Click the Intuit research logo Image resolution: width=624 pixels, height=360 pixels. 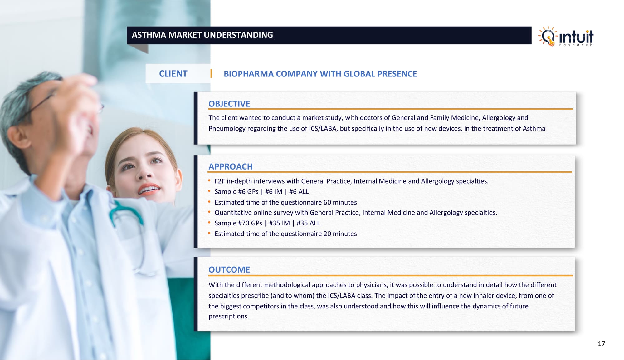pos(566,36)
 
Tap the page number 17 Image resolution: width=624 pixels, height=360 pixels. pos(601,344)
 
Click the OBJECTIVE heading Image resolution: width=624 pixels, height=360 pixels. pos(229,104)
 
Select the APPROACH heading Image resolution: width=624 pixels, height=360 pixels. pos(231,166)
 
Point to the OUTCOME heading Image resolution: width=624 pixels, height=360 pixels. pos(229,269)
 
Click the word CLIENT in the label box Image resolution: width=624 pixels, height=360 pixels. pos(173,74)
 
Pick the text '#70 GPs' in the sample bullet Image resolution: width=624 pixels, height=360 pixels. pos(250,223)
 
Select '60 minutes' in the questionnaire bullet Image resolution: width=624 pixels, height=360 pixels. pos(340,202)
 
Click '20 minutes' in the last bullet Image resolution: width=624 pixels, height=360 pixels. pos(340,234)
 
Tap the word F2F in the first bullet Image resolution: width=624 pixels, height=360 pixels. pos(220,181)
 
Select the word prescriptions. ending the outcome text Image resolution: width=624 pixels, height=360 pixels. pos(229,316)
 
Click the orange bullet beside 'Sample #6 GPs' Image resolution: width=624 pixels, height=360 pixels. pos(209,191)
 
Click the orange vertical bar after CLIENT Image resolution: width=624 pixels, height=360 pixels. pos(211,73)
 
